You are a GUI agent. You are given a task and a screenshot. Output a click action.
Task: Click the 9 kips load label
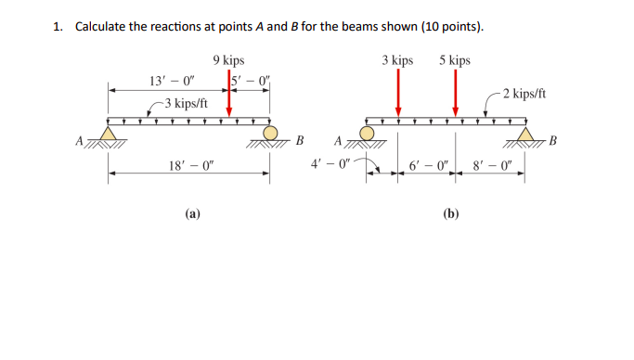tap(228, 60)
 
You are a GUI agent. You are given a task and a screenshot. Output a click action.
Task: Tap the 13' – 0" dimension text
tap(169, 81)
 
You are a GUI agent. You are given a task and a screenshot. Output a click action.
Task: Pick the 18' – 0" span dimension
tap(191, 166)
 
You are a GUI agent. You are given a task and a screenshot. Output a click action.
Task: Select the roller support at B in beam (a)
tap(271, 135)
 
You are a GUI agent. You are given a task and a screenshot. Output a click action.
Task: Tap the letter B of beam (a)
tap(299, 142)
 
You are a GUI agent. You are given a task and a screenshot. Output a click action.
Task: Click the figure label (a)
tap(191, 212)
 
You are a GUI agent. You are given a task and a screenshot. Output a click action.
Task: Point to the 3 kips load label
tap(397, 60)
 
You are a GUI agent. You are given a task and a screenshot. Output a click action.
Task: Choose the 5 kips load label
tap(455, 60)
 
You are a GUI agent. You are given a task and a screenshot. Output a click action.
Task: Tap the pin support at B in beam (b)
tap(526, 135)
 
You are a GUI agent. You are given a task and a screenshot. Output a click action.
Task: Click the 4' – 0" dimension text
tap(331, 167)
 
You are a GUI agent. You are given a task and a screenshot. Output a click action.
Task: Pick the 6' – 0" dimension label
tap(429, 167)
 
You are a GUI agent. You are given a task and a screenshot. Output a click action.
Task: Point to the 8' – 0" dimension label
tap(492, 167)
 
